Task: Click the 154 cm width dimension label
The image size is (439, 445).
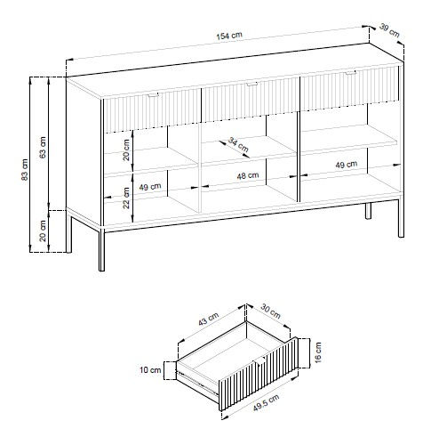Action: click(x=229, y=36)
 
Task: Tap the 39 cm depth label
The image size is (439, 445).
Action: click(x=389, y=31)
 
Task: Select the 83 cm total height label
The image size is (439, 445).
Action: click(x=25, y=170)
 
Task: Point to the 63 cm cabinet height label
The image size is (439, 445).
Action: click(x=44, y=148)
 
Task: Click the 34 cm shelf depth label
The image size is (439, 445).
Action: click(x=238, y=144)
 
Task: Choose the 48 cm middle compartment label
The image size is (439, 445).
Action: click(x=248, y=176)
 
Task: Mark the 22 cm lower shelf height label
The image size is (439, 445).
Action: click(x=126, y=198)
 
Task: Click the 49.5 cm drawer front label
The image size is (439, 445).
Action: click(x=267, y=403)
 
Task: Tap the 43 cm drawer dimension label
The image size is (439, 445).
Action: click(x=209, y=319)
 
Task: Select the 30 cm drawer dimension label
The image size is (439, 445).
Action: click(x=270, y=311)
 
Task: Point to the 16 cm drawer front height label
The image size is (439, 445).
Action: click(x=317, y=352)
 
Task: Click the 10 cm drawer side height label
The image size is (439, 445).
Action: click(x=150, y=370)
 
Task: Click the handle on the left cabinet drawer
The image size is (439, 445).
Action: click(x=154, y=95)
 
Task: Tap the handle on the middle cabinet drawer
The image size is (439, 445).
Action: click(x=252, y=85)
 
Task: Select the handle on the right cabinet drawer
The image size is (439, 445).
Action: click(x=351, y=72)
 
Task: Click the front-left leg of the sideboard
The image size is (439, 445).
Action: click(x=101, y=249)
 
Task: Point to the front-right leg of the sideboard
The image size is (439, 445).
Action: click(x=401, y=216)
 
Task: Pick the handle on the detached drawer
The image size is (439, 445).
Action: click(x=259, y=361)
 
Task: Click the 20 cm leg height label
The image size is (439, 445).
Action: click(x=44, y=231)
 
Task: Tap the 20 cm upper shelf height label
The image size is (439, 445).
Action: click(x=126, y=150)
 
